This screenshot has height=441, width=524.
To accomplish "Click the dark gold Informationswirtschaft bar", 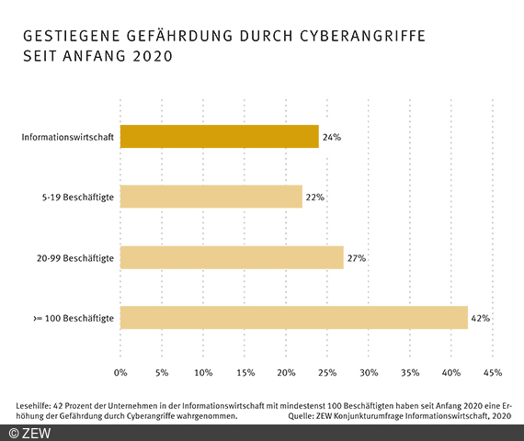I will click(x=220, y=137).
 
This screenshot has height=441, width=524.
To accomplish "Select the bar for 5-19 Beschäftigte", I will click(x=211, y=197).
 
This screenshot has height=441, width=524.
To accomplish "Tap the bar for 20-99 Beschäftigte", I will click(x=232, y=257).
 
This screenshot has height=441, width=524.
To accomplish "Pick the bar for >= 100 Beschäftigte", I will click(x=294, y=317).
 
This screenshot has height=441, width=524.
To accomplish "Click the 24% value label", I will click(x=333, y=138).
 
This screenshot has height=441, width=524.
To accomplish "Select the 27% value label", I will click(x=357, y=258).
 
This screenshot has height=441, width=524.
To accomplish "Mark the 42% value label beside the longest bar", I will click(x=481, y=318).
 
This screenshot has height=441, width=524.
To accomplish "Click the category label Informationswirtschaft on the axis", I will click(x=68, y=138).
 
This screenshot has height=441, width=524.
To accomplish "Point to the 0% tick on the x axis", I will click(x=120, y=372).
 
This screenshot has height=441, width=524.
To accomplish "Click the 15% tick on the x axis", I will click(x=245, y=372).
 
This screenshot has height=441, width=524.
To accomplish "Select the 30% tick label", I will click(x=369, y=372).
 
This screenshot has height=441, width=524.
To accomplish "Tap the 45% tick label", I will click(x=493, y=372).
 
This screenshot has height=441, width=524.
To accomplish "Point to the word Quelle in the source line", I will click(x=301, y=415).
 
